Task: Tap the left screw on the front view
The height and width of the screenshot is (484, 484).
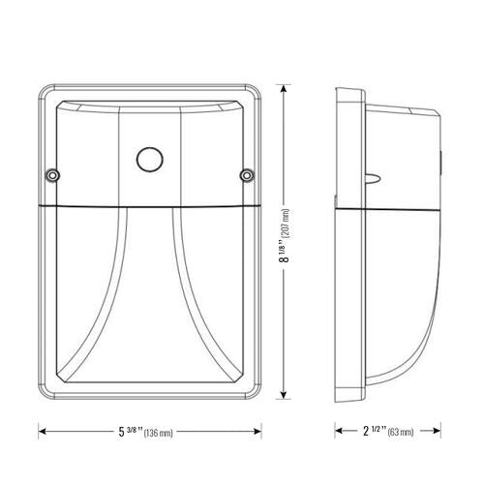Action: pos(51,175)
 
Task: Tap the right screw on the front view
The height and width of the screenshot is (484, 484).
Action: pos(247,175)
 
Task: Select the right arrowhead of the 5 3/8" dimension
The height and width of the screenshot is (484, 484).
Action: pos(261,429)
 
